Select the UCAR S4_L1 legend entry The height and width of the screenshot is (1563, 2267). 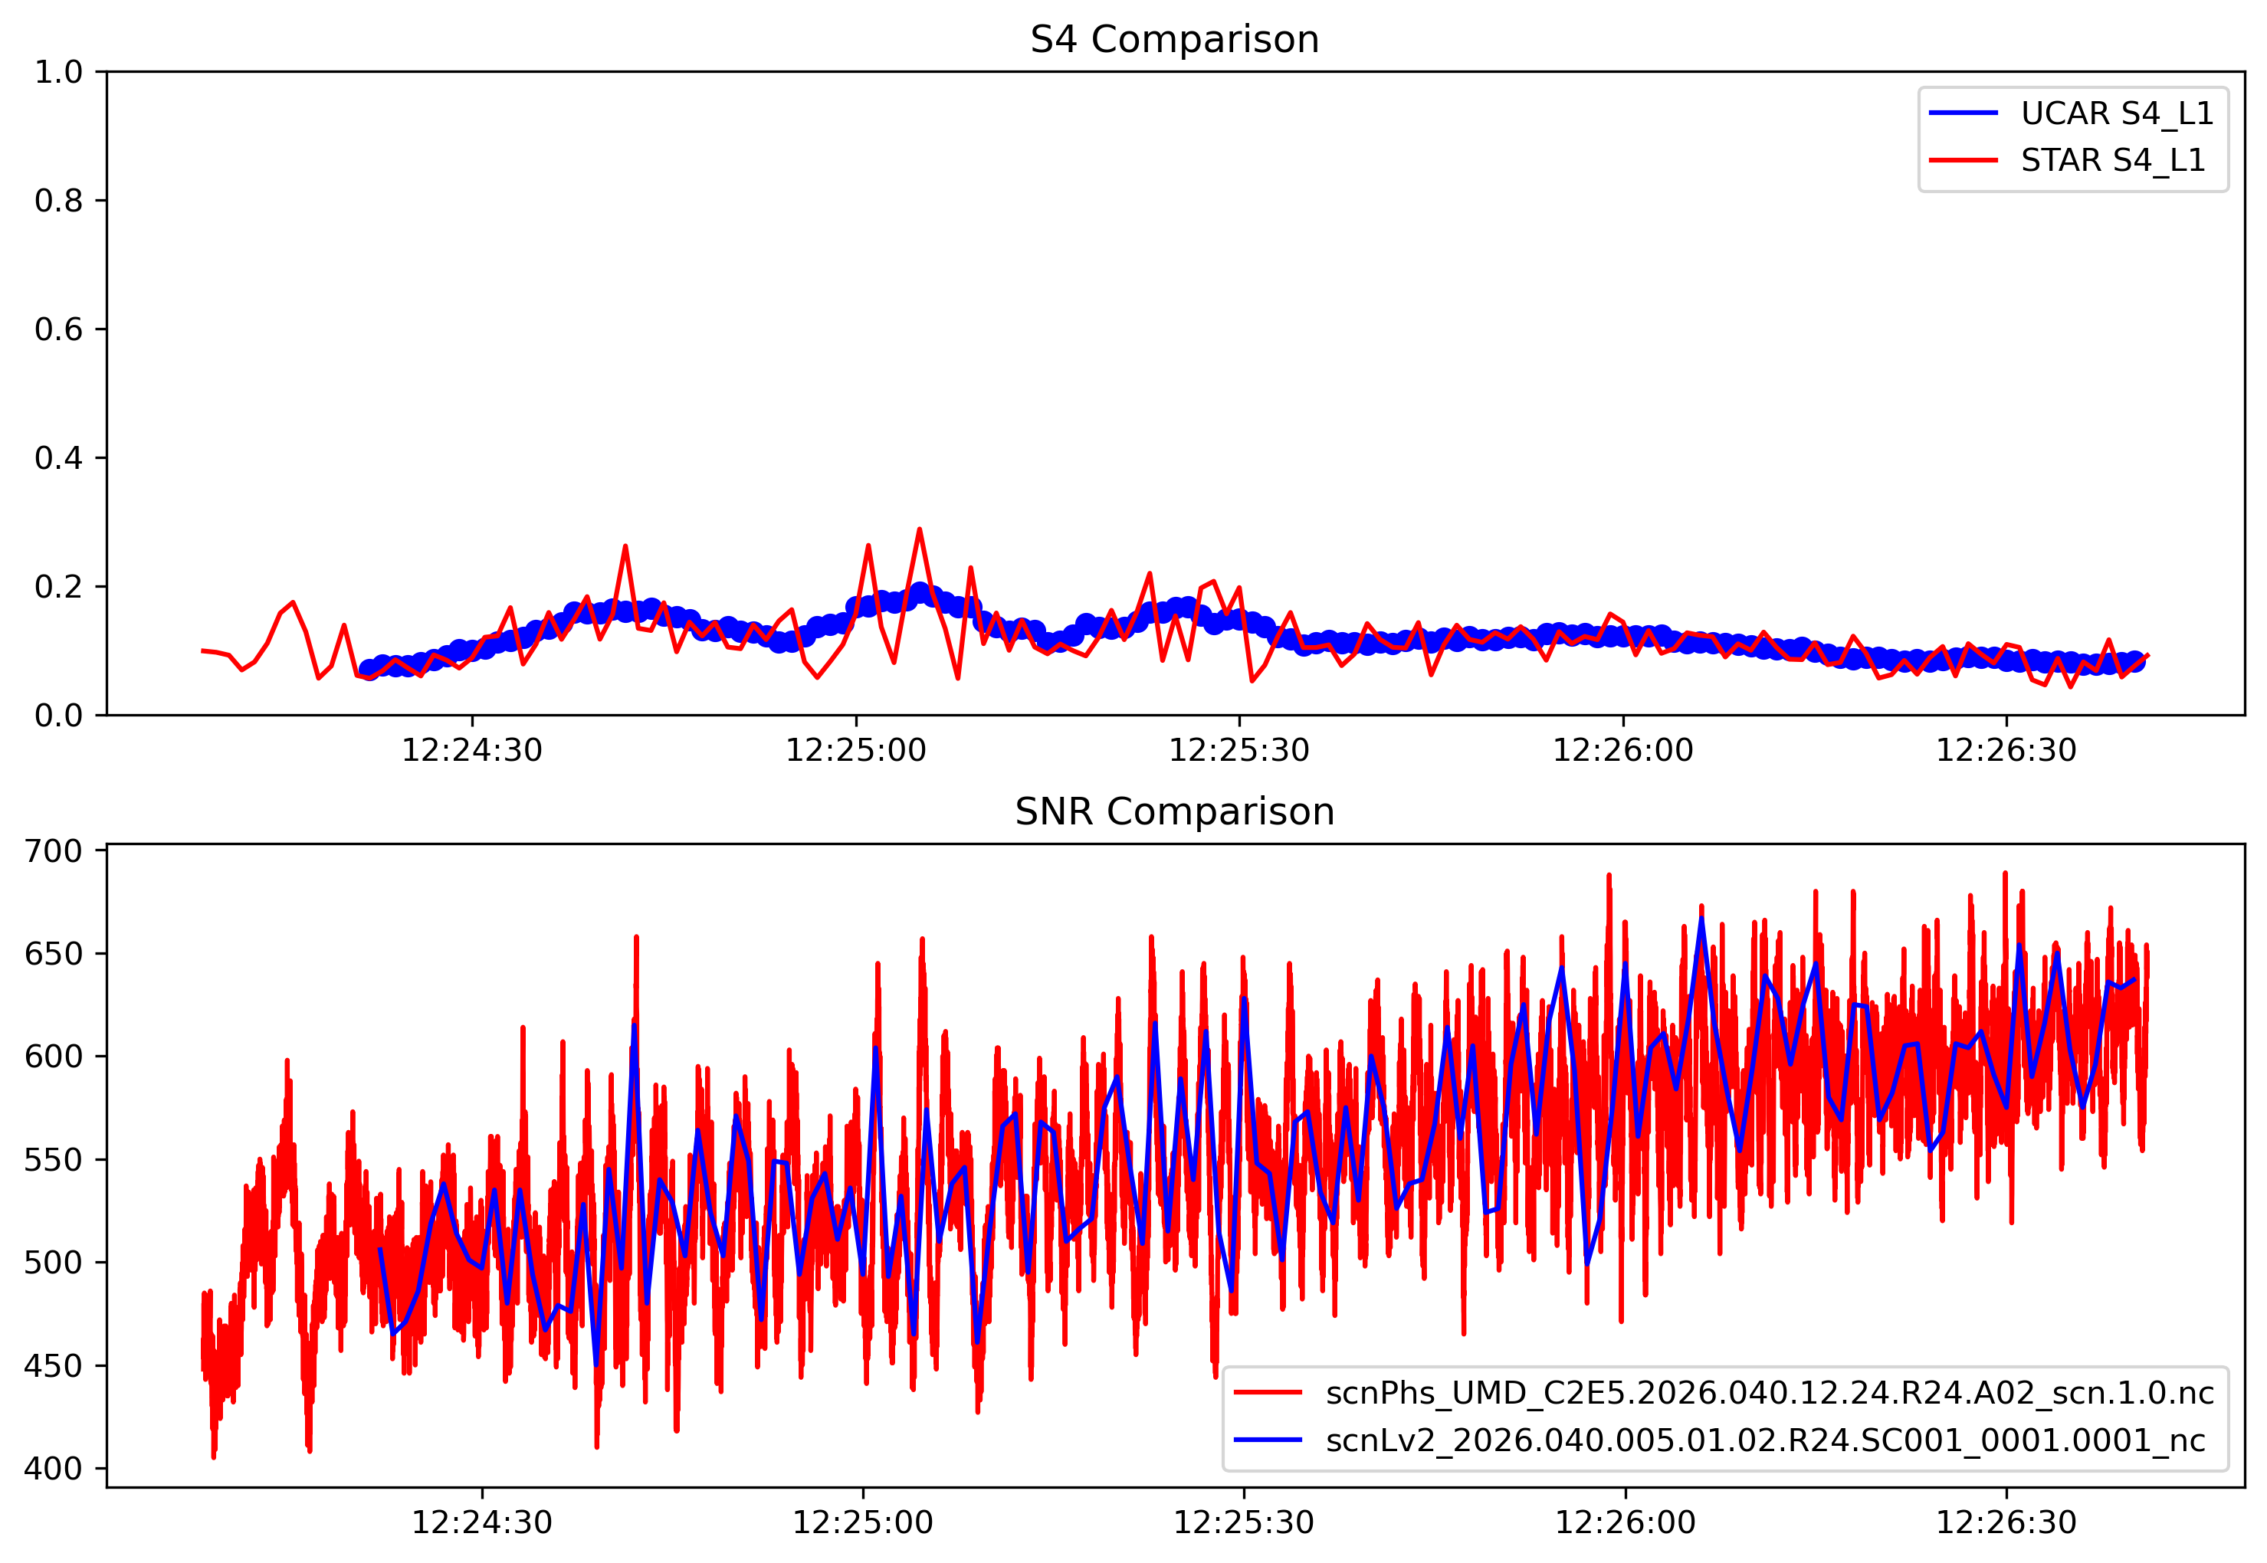pyautogui.click(x=2116, y=113)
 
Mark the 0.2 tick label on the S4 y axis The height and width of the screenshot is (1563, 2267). pyautogui.click(x=59, y=588)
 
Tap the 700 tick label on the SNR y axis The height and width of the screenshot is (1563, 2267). pyautogui.click(x=54, y=851)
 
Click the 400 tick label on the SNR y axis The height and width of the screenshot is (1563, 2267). pyautogui.click(x=54, y=1469)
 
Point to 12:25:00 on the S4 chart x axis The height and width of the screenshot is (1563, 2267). pyautogui.click(x=855, y=751)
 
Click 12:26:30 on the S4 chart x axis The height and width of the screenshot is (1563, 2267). pyautogui.click(x=2006, y=751)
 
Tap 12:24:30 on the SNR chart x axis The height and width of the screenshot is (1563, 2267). pyautogui.click(x=481, y=1523)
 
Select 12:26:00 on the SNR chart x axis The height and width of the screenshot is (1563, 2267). pyautogui.click(x=1626, y=1523)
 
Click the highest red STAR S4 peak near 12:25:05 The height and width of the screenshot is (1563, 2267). pyautogui.click(x=919, y=530)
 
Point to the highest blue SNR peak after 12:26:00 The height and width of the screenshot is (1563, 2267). pyautogui.click(x=1701, y=918)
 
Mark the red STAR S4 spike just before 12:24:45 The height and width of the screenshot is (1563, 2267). pyautogui.click(x=625, y=546)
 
